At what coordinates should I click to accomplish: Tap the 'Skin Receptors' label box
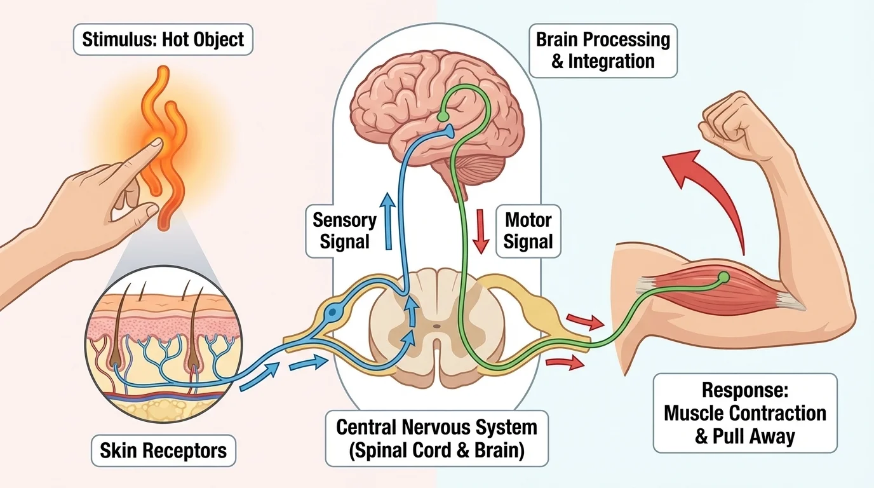point(163,451)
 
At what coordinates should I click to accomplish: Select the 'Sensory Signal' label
point(344,231)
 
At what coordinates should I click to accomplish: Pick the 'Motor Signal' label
point(528,231)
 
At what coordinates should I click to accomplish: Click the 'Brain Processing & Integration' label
point(603,50)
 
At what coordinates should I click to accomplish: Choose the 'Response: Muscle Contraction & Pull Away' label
point(744,413)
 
